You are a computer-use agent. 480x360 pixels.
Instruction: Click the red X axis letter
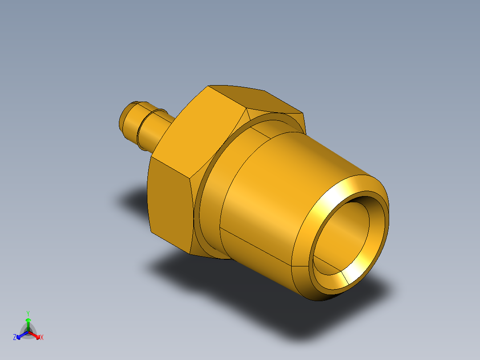pyautogui.click(x=42, y=338)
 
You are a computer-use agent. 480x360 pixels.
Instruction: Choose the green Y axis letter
pyautogui.click(x=28, y=313)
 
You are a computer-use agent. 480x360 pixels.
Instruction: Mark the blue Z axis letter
pyautogui.click(x=15, y=338)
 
